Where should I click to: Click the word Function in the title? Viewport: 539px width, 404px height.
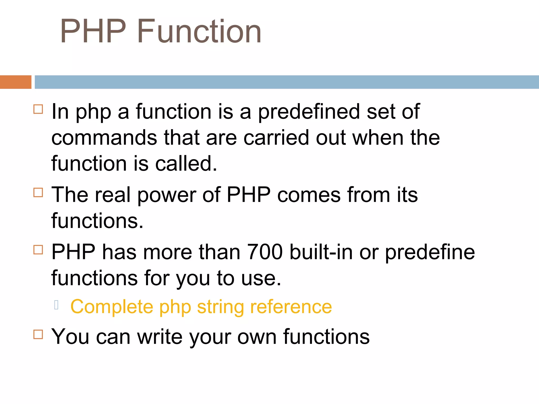pos(199,32)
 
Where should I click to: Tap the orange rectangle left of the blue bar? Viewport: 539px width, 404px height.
pos(16,82)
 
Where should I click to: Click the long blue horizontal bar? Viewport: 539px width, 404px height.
pos(286,82)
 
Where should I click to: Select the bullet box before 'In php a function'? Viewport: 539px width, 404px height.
pos(38,109)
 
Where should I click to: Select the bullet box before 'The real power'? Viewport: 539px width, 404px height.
pos(38,193)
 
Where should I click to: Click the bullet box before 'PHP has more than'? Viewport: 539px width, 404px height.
pos(38,250)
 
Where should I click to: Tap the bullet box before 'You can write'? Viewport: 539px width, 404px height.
pos(38,334)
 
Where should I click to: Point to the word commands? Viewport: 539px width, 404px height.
pos(104,138)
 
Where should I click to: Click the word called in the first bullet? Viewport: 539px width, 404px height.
pos(186,164)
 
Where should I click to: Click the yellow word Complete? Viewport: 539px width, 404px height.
pos(112,307)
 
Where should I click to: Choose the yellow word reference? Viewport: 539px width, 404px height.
pos(291,307)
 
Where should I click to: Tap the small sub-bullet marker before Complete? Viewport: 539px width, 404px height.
pos(56,305)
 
